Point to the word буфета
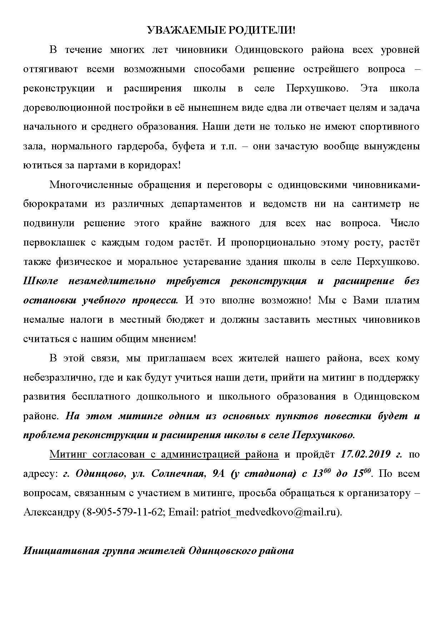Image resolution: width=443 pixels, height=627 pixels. coord(188,146)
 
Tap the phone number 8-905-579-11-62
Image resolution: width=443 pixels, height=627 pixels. coord(124,513)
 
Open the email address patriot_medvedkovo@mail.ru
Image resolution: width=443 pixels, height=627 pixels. coord(269,513)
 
